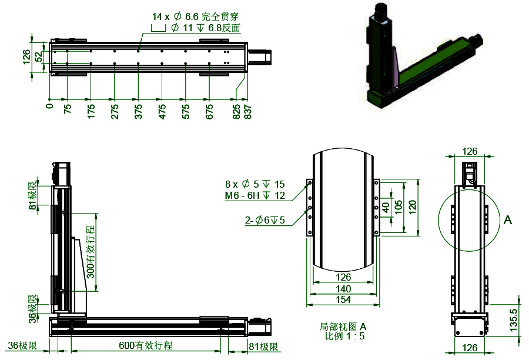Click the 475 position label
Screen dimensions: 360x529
162,110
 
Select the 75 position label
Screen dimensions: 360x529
68,110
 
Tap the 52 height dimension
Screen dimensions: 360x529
38,57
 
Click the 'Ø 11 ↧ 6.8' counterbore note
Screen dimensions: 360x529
205,28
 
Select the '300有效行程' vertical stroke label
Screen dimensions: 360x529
90,252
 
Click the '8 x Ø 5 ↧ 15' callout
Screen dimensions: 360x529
255,184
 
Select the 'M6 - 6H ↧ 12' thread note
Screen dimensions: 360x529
255,195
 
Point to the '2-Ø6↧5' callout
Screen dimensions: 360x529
264,221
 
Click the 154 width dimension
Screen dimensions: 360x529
343,300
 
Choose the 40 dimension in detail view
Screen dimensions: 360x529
386,208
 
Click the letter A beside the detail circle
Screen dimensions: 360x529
508,220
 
